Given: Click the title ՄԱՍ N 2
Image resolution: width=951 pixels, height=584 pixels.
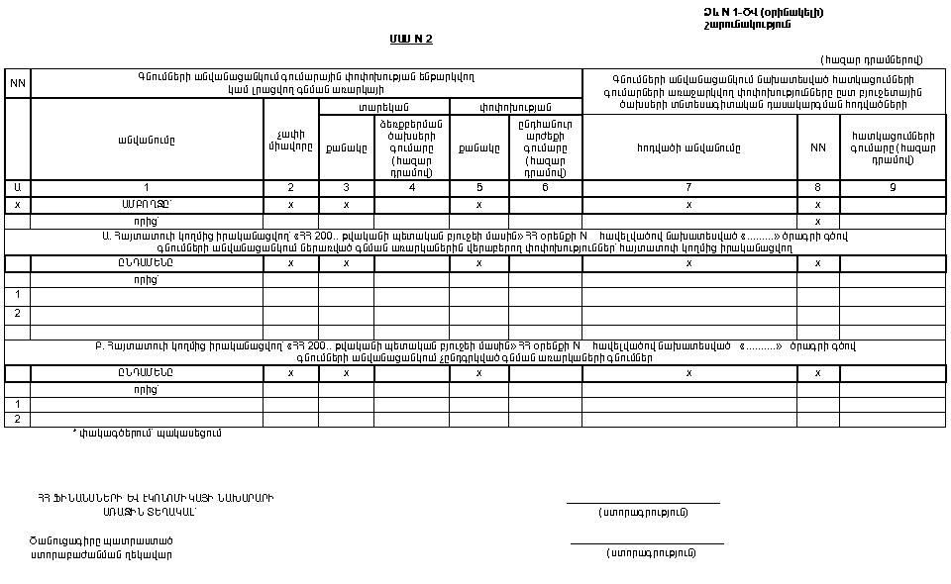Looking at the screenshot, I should pos(411,40).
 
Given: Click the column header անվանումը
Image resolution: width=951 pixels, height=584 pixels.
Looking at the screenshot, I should pos(147,140).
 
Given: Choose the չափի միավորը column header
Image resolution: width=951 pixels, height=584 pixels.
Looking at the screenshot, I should pos(290,141).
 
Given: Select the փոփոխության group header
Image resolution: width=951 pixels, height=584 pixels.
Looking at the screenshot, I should pos(515,107).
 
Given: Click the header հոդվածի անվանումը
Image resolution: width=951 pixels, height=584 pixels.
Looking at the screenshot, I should pos(688,147).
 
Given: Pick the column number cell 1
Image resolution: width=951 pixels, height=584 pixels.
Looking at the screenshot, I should pos(147,187).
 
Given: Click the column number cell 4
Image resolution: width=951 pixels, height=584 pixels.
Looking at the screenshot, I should pos(411,187).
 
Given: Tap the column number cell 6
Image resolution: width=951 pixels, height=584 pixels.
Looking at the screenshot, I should pos(545,187).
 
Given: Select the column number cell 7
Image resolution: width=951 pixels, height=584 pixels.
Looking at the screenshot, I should pos(688,187).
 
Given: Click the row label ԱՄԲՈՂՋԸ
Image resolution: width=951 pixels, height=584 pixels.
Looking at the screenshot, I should pos(147,205).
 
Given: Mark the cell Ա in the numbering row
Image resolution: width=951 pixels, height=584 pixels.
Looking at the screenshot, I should pos(18,187).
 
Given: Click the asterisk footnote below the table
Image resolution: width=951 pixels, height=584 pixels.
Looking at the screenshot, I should pos(147,433).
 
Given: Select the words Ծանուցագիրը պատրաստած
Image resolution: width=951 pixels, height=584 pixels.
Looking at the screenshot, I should pos(101,540).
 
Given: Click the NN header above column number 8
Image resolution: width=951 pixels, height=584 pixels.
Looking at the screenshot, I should pos(817,147).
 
